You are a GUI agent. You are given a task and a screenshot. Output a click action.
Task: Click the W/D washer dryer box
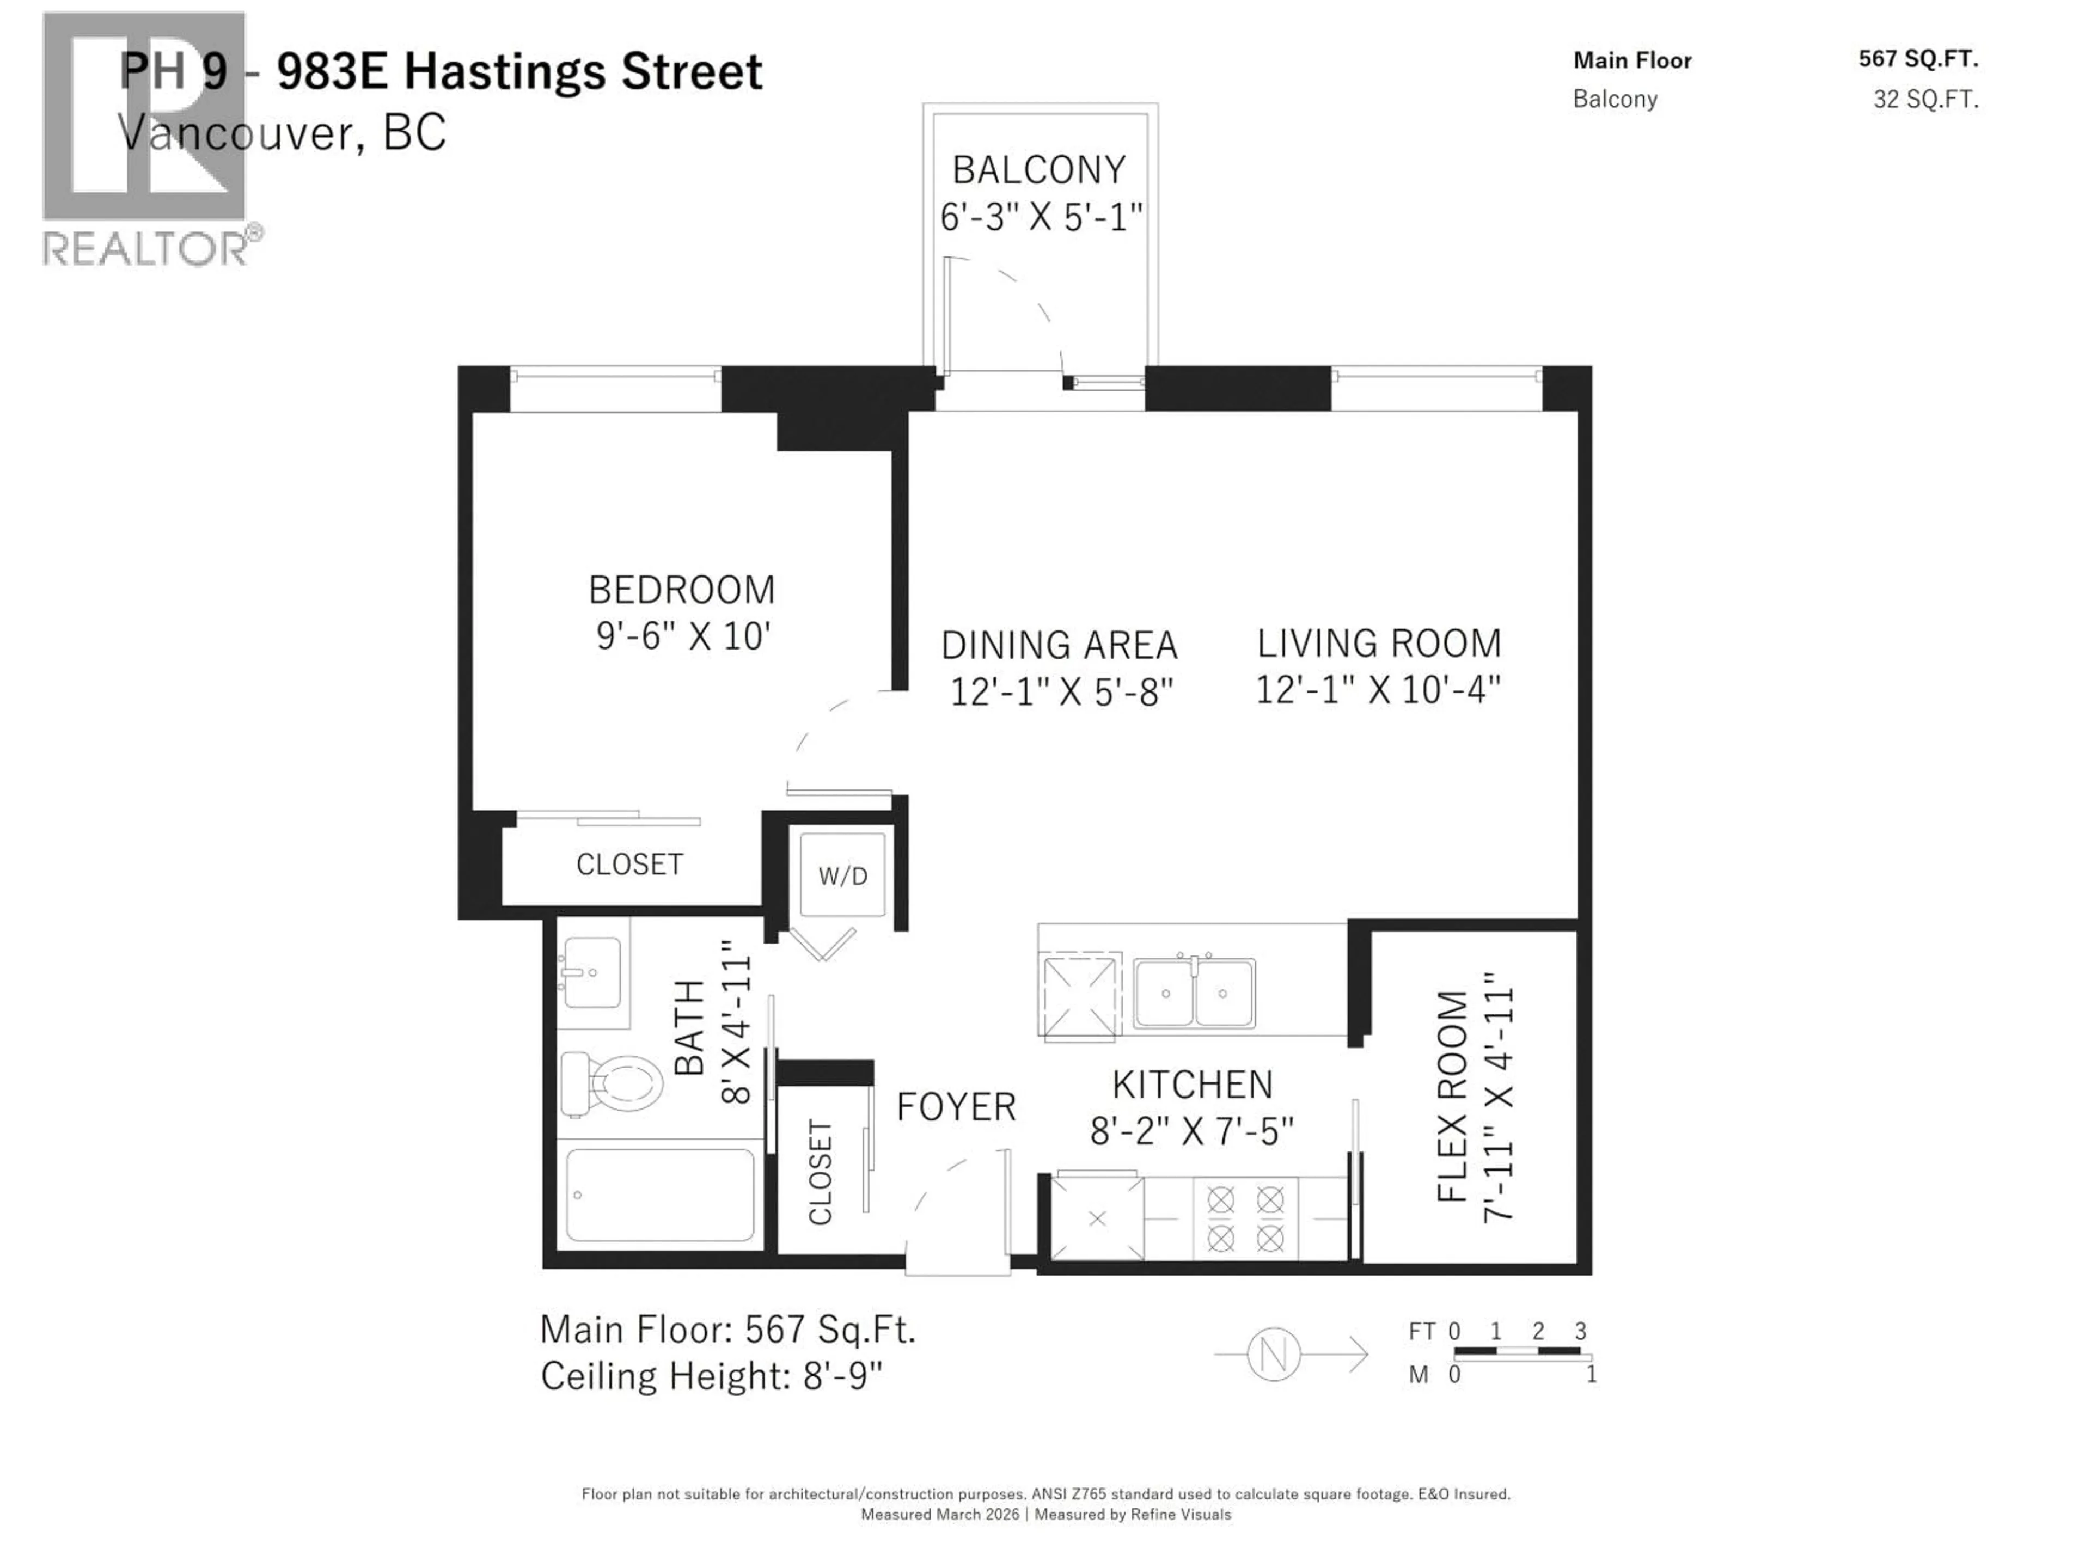[x=842, y=875]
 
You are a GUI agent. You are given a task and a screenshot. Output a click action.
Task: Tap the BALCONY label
[x=1039, y=170]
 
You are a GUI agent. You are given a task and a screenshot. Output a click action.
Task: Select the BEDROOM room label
[x=682, y=590]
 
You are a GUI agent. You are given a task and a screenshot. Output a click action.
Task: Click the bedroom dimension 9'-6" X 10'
[x=682, y=636]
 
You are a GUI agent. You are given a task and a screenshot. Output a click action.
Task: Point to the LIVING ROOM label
[x=1378, y=644]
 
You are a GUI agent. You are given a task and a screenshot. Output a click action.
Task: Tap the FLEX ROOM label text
[x=1452, y=1097]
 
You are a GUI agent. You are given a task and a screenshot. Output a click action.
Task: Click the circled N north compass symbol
[x=1273, y=1355]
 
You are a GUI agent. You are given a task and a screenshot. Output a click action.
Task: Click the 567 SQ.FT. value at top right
[x=1918, y=59]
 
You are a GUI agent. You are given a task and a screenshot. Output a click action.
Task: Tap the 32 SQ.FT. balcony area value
[x=1925, y=99]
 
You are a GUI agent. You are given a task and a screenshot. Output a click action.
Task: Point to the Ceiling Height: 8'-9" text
[x=711, y=1376]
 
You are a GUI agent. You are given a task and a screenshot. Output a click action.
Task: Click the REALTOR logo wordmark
[x=146, y=249]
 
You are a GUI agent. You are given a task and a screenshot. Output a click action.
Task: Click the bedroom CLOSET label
[x=629, y=864]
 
